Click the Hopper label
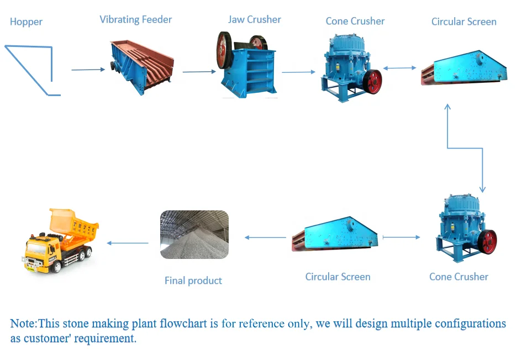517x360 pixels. pyautogui.click(x=26, y=22)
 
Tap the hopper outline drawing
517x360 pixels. pyautogui.click(x=33, y=69)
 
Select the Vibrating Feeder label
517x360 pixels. pyautogui.click(x=135, y=20)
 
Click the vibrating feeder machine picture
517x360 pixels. pyautogui.click(x=141, y=66)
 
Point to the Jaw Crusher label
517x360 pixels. pyautogui.click(x=255, y=20)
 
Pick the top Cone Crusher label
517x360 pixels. pyautogui.click(x=355, y=22)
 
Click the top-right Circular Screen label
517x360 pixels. pyautogui.click(x=463, y=22)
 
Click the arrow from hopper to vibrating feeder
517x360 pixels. pyautogui.click(x=88, y=70)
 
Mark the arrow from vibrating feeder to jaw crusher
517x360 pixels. pyautogui.click(x=199, y=72)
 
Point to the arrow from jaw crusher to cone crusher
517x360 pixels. pyautogui.click(x=298, y=72)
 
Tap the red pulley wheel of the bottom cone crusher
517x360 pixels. pyautogui.click(x=487, y=241)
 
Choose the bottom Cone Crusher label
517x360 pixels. pyautogui.click(x=458, y=277)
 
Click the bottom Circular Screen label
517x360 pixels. pyautogui.click(x=337, y=277)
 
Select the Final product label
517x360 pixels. pyautogui.click(x=193, y=280)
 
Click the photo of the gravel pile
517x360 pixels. pyautogui.click(x=194, y=235)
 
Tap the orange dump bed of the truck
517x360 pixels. pyautogui.click(x=72, y=224)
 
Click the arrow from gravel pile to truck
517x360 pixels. pyautogui.click(x=128, y=243)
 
